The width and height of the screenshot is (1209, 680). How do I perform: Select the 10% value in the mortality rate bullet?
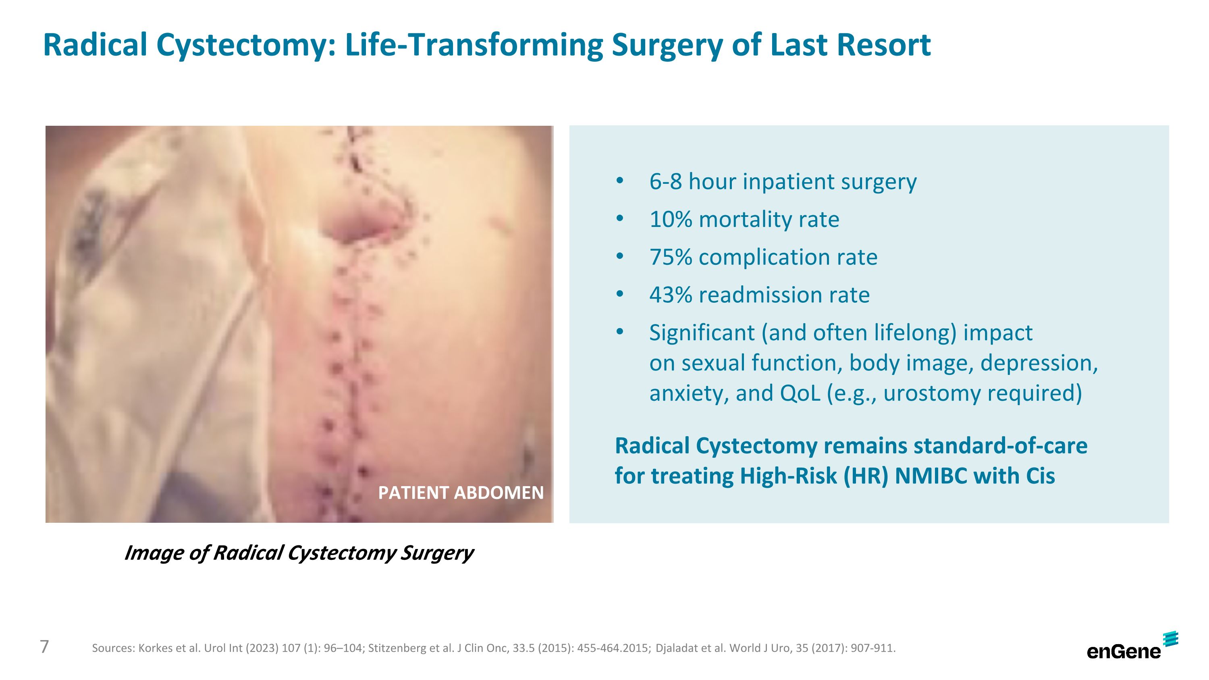click(671, 220)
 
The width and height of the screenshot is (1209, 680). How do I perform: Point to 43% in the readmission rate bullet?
click(671, 295)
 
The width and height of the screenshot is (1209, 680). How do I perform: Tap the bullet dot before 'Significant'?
click(619, 332)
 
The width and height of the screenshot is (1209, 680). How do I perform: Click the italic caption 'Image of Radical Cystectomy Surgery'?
click(299, 553)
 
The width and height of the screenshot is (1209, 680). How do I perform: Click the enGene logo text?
click(1123, 651)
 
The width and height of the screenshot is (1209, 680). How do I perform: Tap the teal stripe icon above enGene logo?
click(1171, 639)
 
